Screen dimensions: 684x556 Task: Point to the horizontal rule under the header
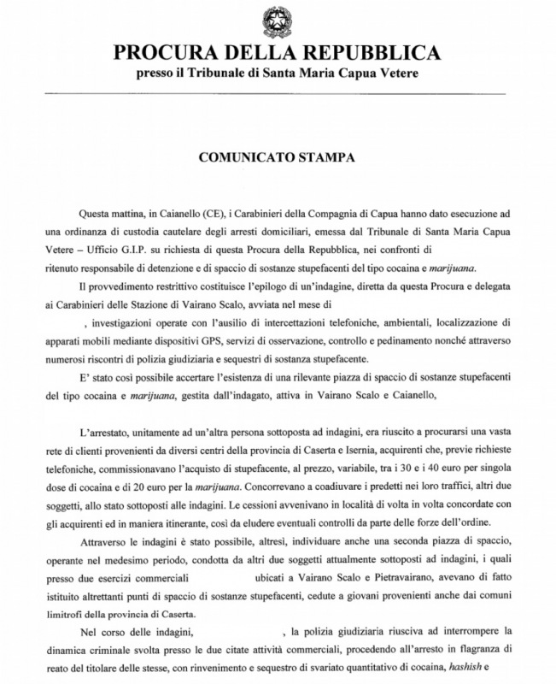[x=278, y=93]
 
